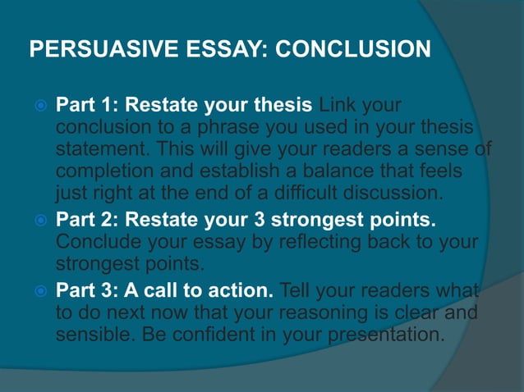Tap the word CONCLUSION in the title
[x=352, y=50]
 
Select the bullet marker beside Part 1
[x=36, y=107]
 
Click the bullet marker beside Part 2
[x=36, y=222]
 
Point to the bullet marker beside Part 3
[x=36, y=291]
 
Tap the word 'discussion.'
[x=393, y=194]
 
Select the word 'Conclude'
[x=95, y=244]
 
